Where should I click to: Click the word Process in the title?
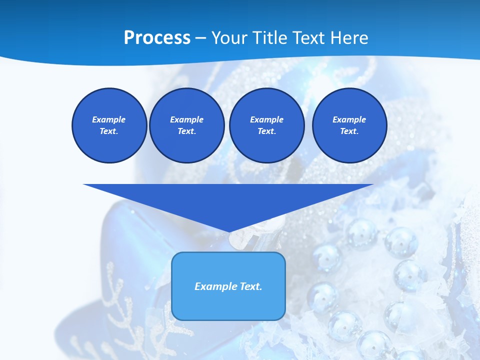[157, 38]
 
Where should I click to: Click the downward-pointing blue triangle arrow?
[228, 200]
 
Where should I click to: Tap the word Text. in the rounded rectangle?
[251, 286]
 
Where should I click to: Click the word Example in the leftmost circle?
[109, 119]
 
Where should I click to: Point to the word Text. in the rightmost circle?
[349, 131]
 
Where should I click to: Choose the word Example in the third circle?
[266, 119]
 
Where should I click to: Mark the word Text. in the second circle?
[186, 131]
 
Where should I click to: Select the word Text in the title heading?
[309, 38]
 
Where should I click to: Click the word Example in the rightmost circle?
[349, 119]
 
